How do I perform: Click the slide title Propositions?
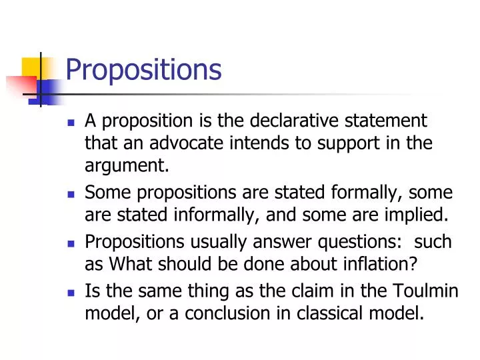point(143,69)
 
